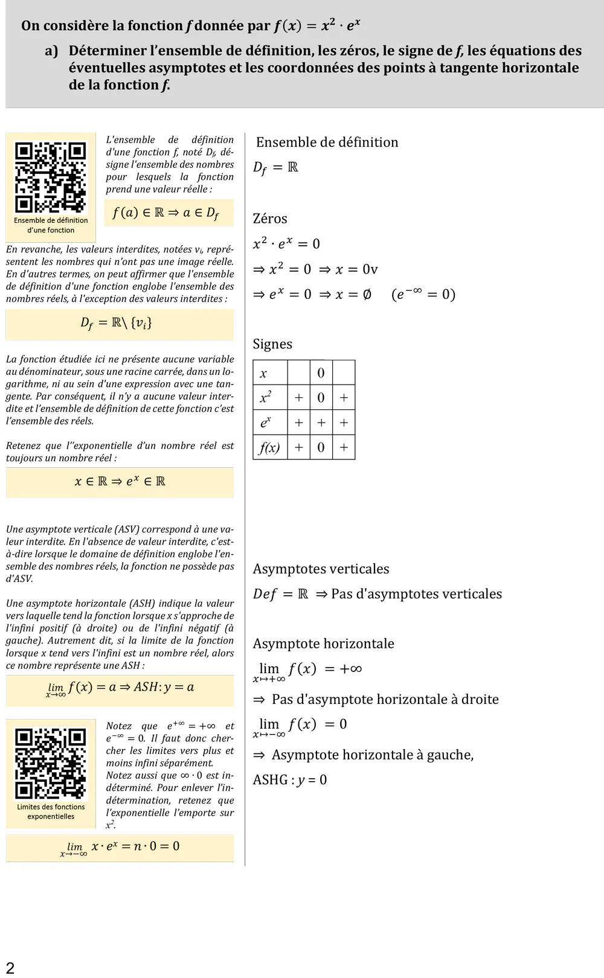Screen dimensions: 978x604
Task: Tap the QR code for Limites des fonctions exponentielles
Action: coord(51,764)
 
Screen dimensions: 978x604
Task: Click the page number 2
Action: coord(10,967)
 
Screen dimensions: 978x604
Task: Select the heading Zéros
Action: coord(270,219)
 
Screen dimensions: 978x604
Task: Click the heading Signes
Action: coord(272,344)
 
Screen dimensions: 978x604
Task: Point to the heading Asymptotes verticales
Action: coord(321,569)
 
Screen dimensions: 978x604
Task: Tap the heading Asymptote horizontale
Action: coord(323,644)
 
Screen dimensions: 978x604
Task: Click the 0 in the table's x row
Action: coord(321,373)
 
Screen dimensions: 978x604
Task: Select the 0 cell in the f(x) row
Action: coord(321,447)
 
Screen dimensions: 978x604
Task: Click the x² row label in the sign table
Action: coord(266,398)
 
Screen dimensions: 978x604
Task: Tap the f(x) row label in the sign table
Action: coord(269,447)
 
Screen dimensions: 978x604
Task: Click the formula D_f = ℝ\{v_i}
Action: coord(117,323)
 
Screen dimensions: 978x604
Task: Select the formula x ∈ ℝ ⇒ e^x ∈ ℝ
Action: coord(120,482)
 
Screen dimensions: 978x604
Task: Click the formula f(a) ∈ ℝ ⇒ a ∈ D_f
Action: coord(165,213)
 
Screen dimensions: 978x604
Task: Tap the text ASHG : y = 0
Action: coord(290,780)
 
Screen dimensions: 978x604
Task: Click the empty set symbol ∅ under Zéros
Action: coord(367,295)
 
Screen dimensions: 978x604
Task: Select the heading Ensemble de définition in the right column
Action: coord(327,142)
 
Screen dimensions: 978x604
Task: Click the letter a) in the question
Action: coord(51,51)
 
